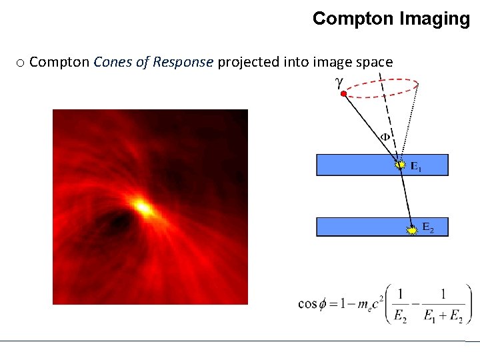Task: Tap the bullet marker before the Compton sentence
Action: point(20,63)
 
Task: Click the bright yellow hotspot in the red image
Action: point(143,207)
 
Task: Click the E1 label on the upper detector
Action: point(415,167)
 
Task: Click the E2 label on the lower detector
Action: point(427,229)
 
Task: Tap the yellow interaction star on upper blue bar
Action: point(400,164)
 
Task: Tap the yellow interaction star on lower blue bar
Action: point(413,229)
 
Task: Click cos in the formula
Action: point(307,304)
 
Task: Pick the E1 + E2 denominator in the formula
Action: point(443,317)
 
